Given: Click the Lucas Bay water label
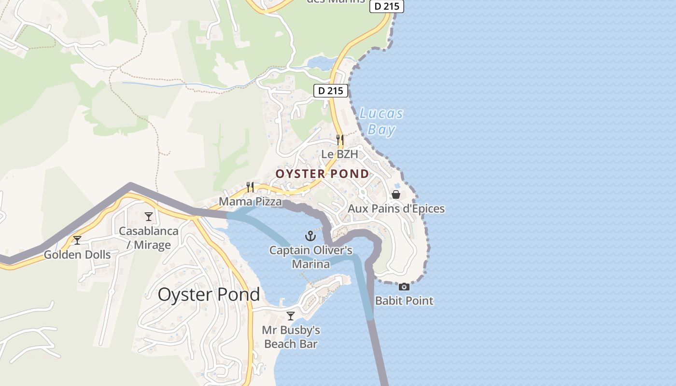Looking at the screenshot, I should (381, 122).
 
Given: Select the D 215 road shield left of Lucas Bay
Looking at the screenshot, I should (331, 90).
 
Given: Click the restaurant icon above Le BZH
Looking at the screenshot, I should (340, 140).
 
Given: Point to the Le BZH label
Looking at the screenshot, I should (340, 154).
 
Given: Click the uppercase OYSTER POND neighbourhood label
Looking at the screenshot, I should (322, 174).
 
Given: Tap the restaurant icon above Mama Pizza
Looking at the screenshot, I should (250, 187).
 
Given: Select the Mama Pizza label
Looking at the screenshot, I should (250, 201).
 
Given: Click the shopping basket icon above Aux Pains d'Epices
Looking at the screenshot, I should (396, 194).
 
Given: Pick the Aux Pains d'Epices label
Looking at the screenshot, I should (396, 209).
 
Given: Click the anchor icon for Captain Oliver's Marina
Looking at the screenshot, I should (311, 236).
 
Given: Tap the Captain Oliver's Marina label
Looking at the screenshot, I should (311, 257).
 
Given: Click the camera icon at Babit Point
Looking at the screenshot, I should (404, 287).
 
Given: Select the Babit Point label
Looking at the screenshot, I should (404, 301).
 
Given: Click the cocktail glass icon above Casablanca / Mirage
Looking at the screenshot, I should (149, 217).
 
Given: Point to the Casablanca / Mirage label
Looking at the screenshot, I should (149, 238).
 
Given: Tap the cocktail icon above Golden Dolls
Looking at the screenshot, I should (77, 240).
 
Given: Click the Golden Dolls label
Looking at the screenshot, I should (77, 255).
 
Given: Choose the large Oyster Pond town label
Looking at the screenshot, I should (209, 294).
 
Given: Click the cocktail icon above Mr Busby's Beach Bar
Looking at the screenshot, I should (291, 316).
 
